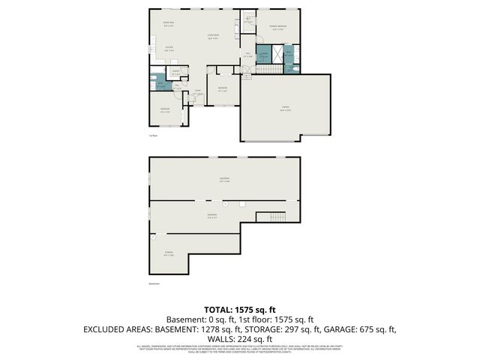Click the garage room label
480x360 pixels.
click(285, 108)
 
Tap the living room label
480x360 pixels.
click(212, 36)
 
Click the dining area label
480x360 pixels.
click(158, 25)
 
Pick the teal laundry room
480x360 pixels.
click(263, 55)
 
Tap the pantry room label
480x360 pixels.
click(175, 73)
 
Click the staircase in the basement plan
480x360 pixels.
click(271, 217)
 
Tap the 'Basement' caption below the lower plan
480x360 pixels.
click(154, 284)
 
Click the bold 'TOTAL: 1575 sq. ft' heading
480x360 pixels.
click(240, 309)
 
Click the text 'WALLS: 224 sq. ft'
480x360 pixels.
click(240, 338)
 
